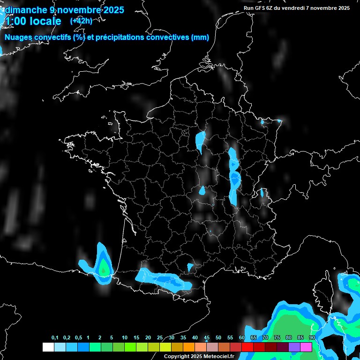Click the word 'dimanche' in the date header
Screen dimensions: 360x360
[x=24, y=10]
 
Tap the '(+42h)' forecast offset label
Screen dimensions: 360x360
[x=81, y=21]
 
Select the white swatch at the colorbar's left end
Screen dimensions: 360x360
[x=48, y=347]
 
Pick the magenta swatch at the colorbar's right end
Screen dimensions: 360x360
[x=306, y=347]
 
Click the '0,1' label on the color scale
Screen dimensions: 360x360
[x=55, y=338]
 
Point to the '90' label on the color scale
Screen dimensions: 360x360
[x=312, y=338]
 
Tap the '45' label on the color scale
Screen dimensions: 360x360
[x=207, y=338]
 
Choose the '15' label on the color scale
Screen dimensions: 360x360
[x=136, y=338]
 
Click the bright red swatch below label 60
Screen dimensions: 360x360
[x=247, y=347]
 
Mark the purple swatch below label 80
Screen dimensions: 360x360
[x=294, y=347]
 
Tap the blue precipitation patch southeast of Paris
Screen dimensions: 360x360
[x=201, y=141]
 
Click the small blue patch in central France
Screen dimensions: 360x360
[x=202, y=190]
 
